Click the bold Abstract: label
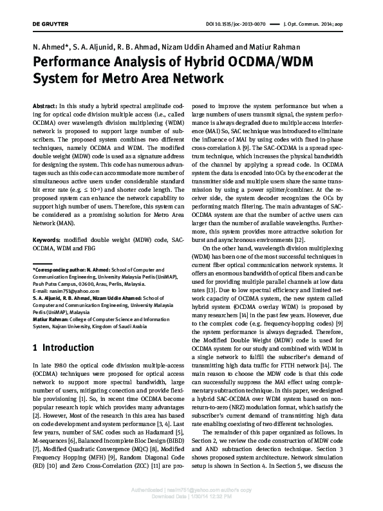(44, 104)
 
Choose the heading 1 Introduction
(62, 348)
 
